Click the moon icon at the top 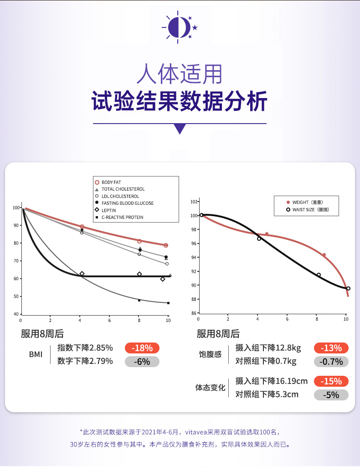click(x=179, y=26)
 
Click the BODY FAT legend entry click(x=111, y=182)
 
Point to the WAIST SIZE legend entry click(x=310, y=210)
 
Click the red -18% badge click(x=142, y=348)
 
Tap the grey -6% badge click(x=142, y=362)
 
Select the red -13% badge click(x=331, y=348)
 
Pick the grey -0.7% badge click(x=331, y=362)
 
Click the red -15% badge click(x=331, y=381)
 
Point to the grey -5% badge click(x=331, y=395)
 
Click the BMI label click(x=36, y=355)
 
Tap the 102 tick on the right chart click(x=193, y=202)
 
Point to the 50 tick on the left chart click(x=17, y=296)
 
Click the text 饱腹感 click(x=211, y=354)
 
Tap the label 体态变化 click(x=211, y=388)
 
